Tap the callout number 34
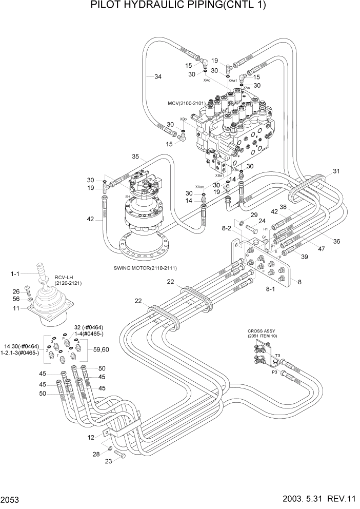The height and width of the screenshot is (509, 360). point(157,76)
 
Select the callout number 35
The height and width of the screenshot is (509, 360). point(135,156)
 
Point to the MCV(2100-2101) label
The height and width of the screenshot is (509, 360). point(187,103)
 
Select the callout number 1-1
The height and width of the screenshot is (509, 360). point(15,276)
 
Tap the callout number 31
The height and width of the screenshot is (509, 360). point(336,171)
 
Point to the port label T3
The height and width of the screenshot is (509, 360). point(277,355)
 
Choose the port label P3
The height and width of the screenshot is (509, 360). point(275,374)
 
